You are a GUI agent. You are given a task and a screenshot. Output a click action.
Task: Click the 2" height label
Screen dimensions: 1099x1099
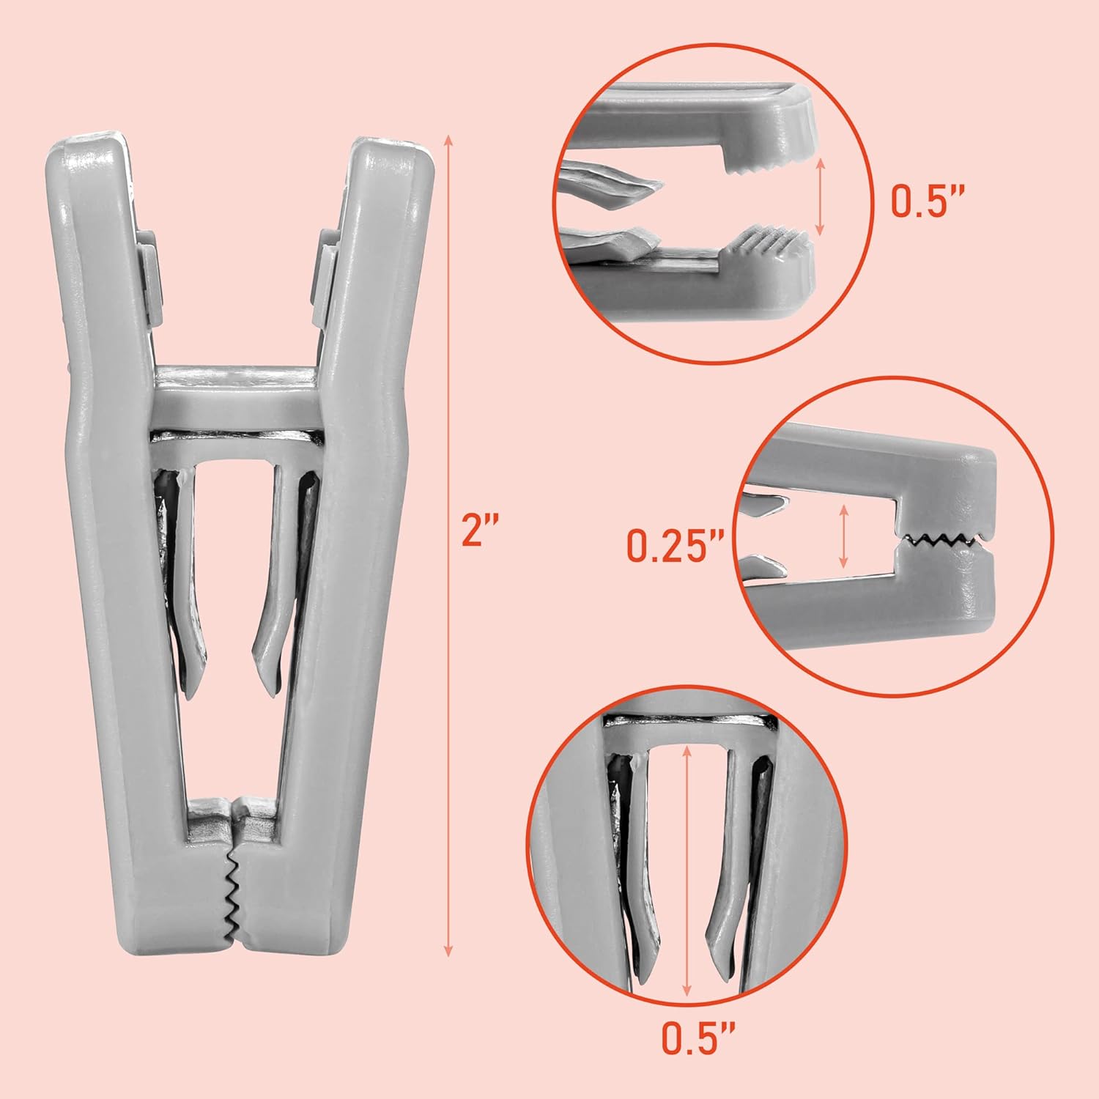(480, 531)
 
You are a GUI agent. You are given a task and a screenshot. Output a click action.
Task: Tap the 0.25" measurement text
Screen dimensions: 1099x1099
(675, 546)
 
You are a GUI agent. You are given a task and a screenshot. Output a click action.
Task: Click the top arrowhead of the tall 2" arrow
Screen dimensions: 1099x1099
(448, 141)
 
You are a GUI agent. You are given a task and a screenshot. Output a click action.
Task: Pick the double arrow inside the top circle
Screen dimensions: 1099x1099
(821, 196)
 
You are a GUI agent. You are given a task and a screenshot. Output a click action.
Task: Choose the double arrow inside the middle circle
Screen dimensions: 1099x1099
(845, 536)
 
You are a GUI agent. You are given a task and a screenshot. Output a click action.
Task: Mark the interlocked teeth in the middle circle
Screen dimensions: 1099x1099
(941, 541)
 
